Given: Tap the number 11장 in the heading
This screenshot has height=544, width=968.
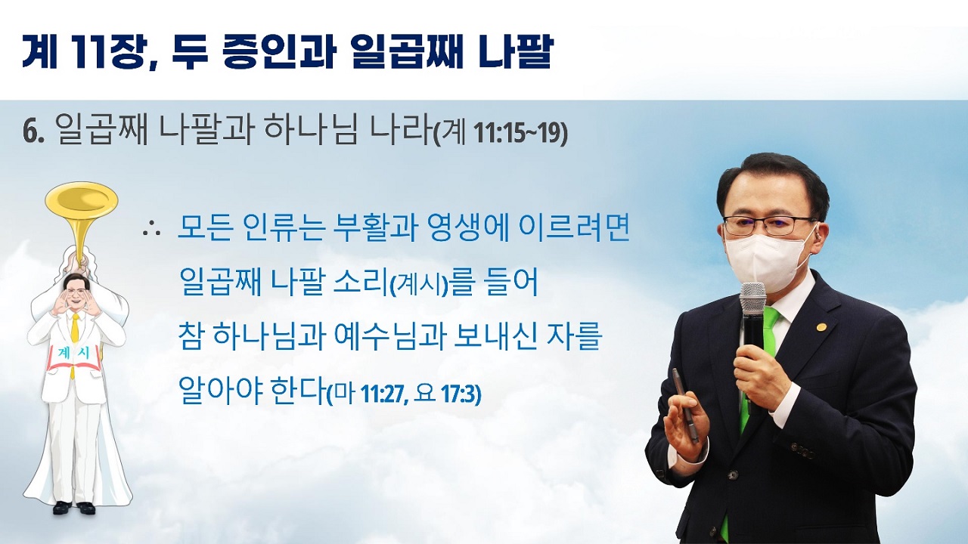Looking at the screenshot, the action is pos(113,52).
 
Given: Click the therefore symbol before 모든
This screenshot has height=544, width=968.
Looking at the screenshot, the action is pos(151,231).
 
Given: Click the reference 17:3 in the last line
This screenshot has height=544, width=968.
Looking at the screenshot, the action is pos(461,394).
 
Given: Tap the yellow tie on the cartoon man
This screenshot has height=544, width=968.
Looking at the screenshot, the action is pos(75,341).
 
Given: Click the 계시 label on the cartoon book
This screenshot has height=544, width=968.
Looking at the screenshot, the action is pos(74,354).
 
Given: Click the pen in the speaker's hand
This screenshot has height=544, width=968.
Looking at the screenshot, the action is pos(685,405).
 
